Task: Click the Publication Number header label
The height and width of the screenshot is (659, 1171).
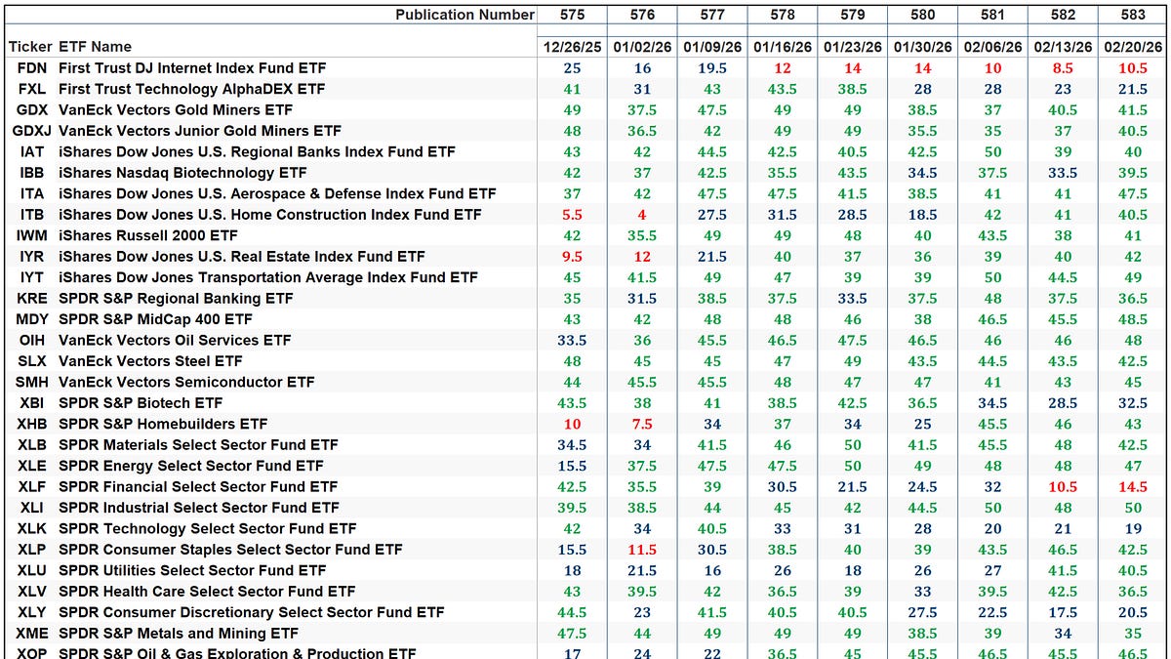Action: tap(464, 15)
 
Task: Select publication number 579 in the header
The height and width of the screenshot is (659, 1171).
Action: tap(852, 15)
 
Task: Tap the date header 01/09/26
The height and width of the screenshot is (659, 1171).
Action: tap(712, 47)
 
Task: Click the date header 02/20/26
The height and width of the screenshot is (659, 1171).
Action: tap(1133, 47)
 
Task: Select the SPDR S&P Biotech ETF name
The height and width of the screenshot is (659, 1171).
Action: tap(141, 403)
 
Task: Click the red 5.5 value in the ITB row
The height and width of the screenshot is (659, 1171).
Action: tap(572, 215)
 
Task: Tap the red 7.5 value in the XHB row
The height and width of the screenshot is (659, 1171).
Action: tap(642, 424)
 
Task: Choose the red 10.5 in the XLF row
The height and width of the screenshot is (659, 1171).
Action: tap(1063, 486)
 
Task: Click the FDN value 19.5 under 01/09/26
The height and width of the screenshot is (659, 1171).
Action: tap(712, 68)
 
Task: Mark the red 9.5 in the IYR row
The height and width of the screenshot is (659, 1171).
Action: tap(572, 257)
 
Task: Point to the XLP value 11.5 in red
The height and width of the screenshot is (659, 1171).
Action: tap(642, 550)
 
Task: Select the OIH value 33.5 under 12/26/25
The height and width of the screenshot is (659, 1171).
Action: tap(572, 341)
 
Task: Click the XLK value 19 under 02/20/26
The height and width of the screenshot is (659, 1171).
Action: tap(1133, 528)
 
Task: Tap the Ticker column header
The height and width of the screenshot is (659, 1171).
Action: tap(29, 47)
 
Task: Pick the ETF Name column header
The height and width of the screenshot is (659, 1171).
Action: tap(95, 47)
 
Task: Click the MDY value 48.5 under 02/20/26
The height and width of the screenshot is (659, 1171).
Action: tap(1133, 319)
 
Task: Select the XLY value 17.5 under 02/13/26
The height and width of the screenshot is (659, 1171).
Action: tap(1063, 612)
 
